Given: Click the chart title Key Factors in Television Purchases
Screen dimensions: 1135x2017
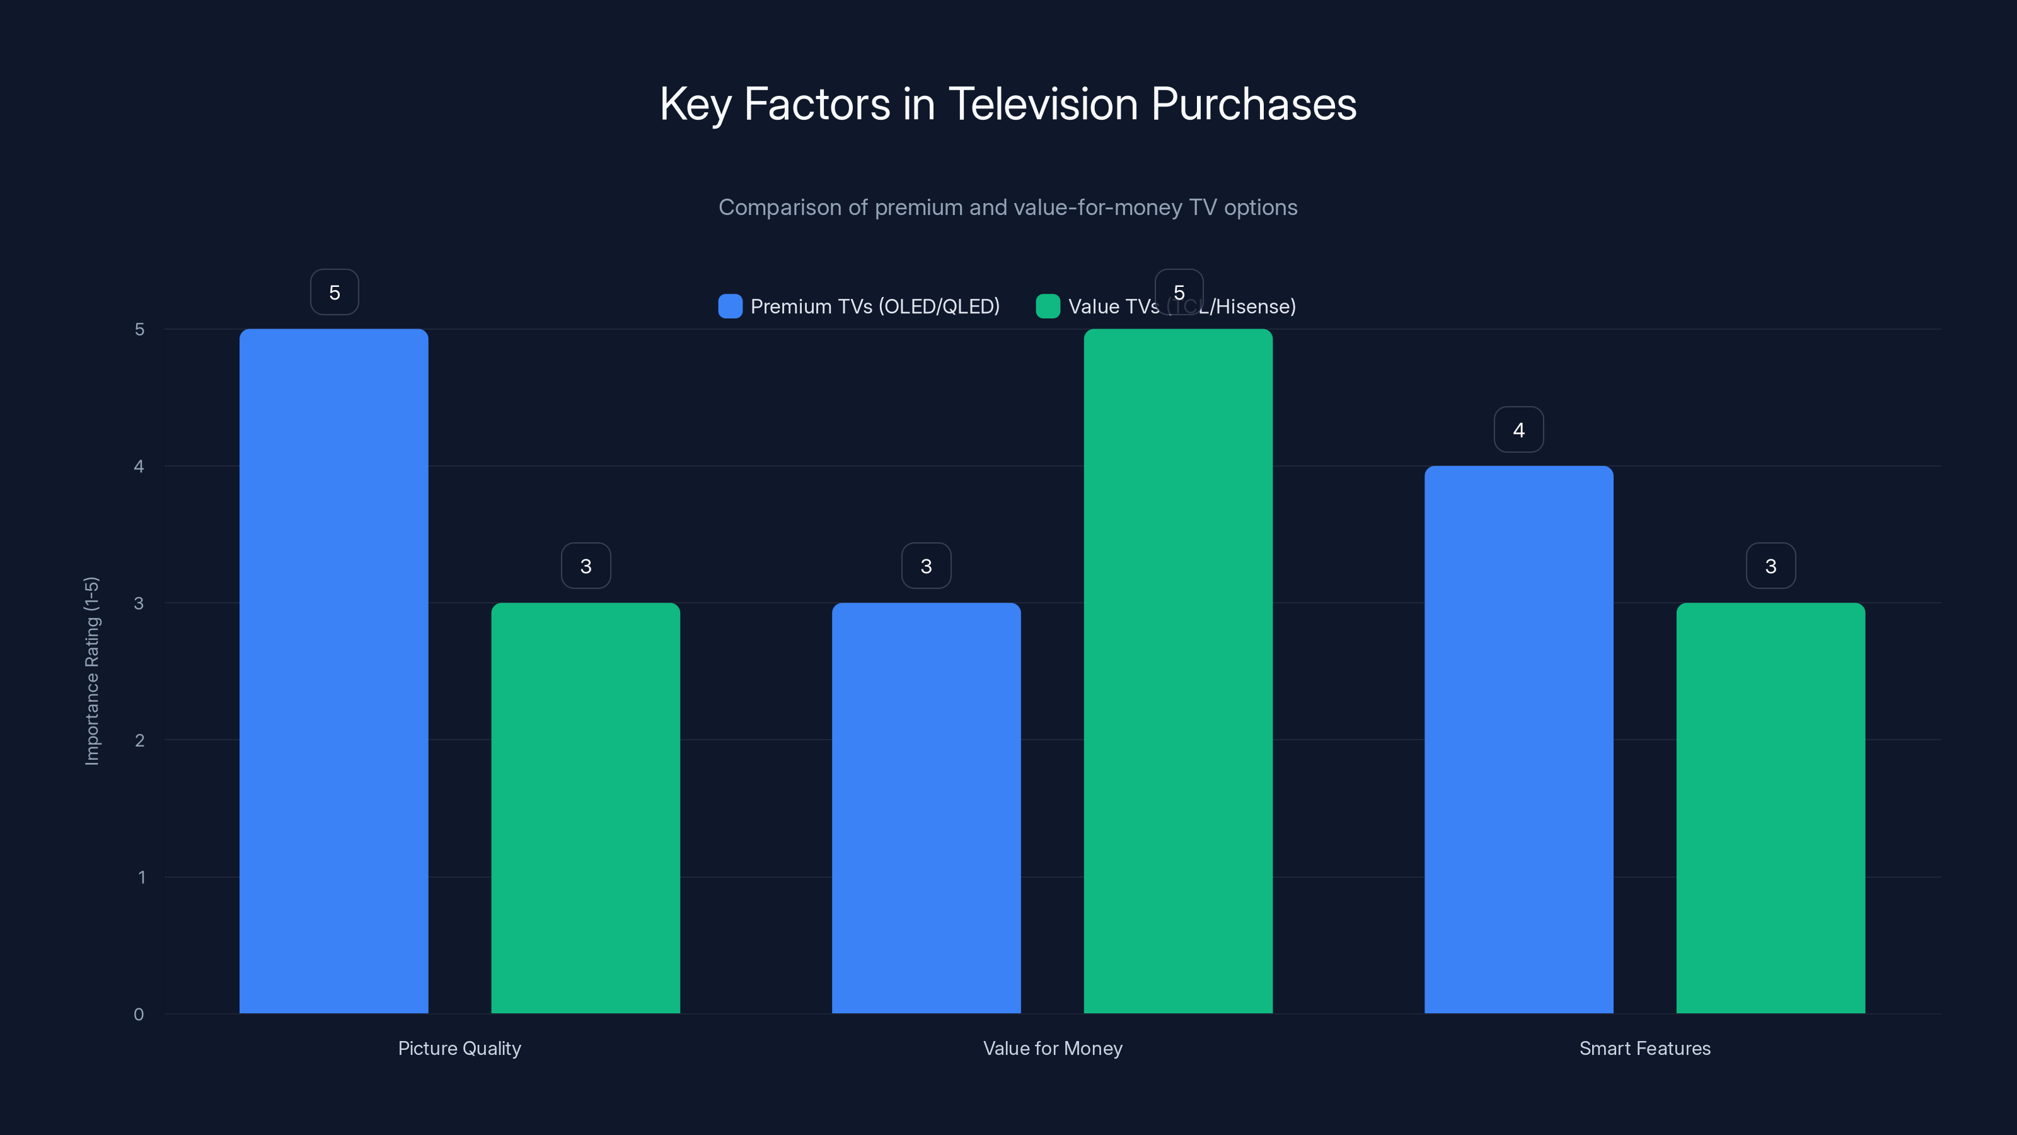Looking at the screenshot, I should pos(1008,104).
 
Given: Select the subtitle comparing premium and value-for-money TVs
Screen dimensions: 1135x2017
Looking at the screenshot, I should pos(1008,207).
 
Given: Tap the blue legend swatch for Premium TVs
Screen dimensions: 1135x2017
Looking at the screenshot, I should pos(730,306).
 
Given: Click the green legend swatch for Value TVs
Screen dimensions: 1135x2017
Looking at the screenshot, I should pos(1048,306).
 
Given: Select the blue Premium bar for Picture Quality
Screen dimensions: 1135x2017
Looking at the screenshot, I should pos(333,670).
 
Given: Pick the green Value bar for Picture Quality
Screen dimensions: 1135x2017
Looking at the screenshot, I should pos(586,808).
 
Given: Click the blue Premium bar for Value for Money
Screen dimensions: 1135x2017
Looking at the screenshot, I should pos(927,808).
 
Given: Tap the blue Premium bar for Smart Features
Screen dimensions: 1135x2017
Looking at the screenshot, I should pos(1518,740).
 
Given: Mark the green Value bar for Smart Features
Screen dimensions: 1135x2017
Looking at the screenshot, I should pos(1771,808).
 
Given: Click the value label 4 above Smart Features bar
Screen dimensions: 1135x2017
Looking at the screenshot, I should pos(1518,429).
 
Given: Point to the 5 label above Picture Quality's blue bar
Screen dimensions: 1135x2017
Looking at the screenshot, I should pos(334,292).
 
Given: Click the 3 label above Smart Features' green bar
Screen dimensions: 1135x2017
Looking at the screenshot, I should pos(1771,566).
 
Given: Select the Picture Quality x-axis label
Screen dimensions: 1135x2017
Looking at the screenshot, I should pos(459,1048).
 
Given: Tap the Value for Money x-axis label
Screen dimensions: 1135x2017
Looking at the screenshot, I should pos(1053,1048).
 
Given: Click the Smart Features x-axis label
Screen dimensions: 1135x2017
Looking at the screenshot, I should pos(1644,1048).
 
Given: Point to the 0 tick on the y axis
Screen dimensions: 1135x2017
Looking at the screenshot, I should pos(139,1015).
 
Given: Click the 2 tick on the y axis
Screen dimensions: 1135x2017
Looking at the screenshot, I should pos(139,740).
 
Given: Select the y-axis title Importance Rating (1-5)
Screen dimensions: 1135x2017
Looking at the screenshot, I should pos(91,670).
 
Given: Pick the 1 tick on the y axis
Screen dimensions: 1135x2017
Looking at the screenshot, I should pos(141,877).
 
